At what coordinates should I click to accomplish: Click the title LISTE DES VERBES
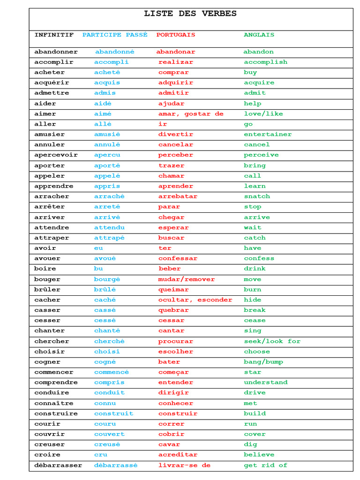coord(190,14)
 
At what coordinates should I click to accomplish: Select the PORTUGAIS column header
coord(176,35)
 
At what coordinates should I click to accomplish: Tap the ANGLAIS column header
coord(259,35)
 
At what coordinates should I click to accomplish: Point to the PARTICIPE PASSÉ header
coord(115,35)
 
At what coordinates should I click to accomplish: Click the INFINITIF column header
coord(54,35)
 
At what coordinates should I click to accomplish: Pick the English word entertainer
coord(268,135)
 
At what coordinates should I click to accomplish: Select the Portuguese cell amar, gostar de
coord(191,114)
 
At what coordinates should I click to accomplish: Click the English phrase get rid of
coord(265,465)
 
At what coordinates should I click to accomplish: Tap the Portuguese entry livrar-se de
coord(184,465)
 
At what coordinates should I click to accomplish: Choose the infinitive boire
coord(45,269)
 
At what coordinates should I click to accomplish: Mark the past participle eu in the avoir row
coord(98,248)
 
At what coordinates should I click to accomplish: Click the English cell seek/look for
coord(272,341)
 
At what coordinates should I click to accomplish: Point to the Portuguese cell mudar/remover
coord(186,279)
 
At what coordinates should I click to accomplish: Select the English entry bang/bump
coord(263,362)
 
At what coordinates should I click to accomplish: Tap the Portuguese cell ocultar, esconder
coord(195,300)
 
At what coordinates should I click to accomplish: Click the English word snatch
coord(257,196)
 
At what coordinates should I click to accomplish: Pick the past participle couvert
coord(109,434)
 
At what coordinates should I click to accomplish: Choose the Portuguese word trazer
coord(171,165)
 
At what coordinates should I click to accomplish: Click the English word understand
coord(265,382)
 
